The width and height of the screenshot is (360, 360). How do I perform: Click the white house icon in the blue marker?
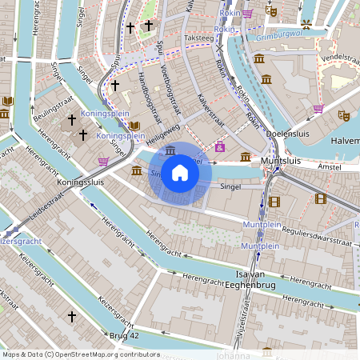tap(180, 172)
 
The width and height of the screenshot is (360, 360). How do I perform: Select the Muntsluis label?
tap(279, 161)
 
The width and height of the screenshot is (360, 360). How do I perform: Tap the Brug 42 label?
tap(124, 335)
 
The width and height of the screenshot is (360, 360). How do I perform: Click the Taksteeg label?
tap(198, 37)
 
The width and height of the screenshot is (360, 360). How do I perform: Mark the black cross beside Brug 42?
tap(71, 317)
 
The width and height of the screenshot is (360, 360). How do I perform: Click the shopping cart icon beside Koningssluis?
tap(103, 161)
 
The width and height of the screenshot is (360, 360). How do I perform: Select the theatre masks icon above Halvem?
tap(344, 115)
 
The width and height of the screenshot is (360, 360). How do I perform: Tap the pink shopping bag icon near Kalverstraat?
tap(219, 146)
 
